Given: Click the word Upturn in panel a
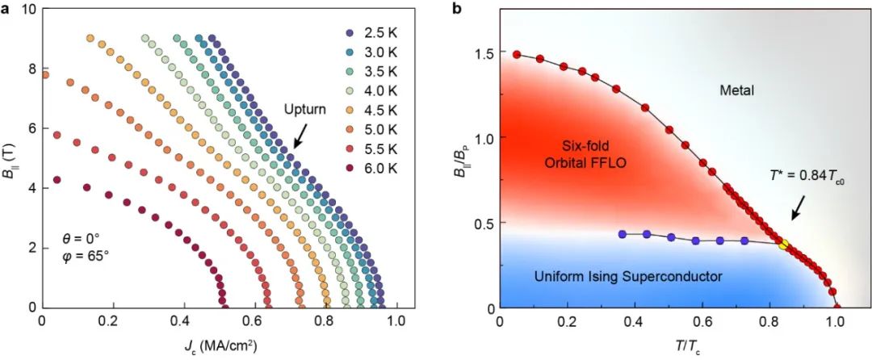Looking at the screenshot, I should tap(306, 111).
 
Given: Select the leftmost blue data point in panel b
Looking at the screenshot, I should tap(622, 234).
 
